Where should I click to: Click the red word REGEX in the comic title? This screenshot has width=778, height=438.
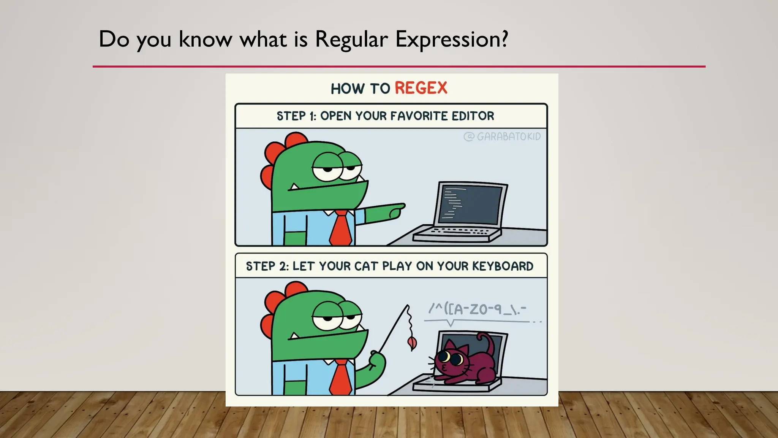coord(421,88)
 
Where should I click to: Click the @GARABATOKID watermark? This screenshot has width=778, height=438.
coord(502,136)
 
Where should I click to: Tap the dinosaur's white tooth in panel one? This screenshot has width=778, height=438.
coord(294,187)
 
